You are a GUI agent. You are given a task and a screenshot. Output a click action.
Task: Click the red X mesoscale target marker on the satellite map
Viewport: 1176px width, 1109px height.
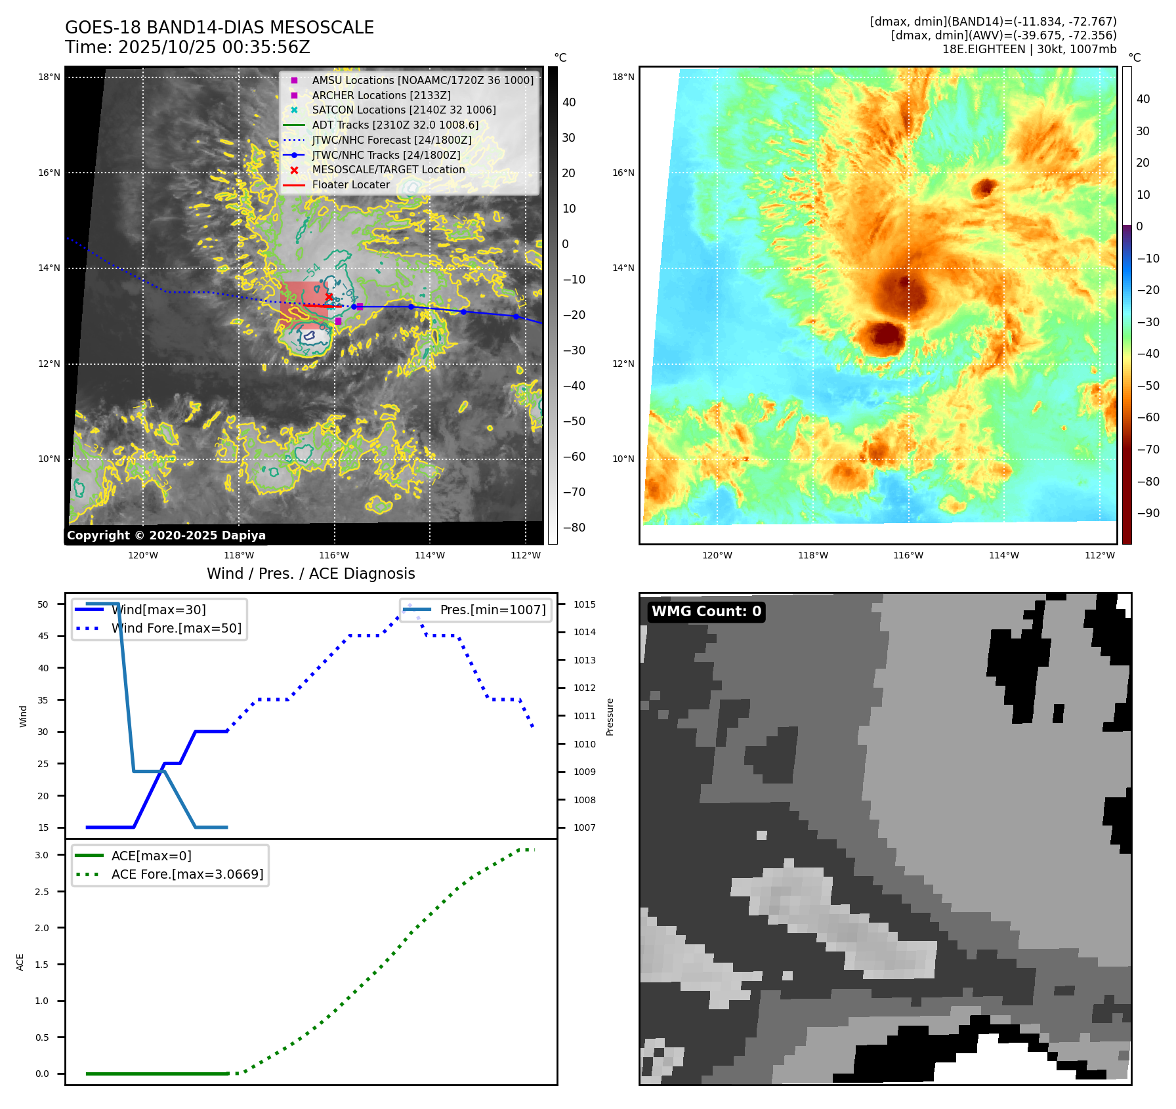point(329,297)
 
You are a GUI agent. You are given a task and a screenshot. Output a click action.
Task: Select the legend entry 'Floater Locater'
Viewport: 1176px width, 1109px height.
point(350,185)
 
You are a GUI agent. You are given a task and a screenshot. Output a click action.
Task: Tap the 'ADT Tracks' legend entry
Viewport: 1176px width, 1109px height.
point(395,125)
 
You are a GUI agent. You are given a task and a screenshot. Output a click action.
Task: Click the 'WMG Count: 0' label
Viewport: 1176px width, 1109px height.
point(706,612)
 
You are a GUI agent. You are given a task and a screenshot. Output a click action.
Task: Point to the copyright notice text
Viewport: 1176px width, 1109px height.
point(166,535)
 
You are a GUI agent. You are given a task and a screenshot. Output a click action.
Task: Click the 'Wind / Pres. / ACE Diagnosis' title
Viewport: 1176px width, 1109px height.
point(310,574)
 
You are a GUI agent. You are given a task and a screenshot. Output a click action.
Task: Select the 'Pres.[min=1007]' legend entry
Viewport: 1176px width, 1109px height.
point(492,610)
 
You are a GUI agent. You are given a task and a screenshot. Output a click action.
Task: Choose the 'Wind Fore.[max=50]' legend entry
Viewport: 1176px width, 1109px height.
point(176,628)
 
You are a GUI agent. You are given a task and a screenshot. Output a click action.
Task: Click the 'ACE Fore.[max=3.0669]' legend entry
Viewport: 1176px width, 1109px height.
point(187,874)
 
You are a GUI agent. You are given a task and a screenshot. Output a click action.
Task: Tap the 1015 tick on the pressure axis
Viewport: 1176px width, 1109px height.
point(584,604)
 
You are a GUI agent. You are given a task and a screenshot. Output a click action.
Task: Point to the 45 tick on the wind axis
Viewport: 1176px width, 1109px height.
point(43,636)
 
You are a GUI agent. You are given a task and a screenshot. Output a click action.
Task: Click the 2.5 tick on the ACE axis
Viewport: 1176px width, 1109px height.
point(42,892)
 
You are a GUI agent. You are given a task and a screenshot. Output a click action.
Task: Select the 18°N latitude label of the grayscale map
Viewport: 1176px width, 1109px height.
point(49,77)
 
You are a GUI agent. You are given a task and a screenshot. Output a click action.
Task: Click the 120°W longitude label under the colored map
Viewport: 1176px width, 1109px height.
point(717,555)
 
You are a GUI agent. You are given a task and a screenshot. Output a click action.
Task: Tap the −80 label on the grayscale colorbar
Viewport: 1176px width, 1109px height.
point(574,528)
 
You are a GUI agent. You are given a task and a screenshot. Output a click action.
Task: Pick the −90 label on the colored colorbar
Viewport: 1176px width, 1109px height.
point(1148,513)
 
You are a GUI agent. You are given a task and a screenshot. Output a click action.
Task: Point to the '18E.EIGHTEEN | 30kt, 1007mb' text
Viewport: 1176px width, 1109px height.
point(1029,49)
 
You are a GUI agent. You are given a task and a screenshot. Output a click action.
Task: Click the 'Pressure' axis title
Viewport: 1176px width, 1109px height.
point(610,717)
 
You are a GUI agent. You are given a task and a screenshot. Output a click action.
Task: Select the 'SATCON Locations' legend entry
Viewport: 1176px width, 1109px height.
point(404,110)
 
